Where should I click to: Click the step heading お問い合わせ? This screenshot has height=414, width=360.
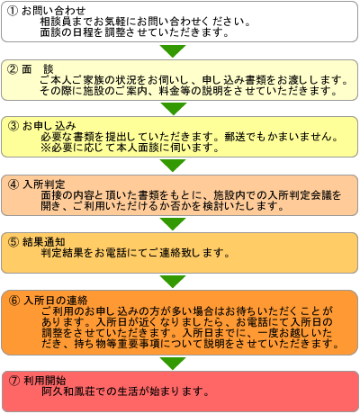[x=54, y=11]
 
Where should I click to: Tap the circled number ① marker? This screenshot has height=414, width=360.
[x=13, y=11]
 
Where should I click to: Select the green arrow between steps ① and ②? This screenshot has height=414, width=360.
[x=173, y=51]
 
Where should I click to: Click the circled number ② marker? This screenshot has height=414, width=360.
[x=13, y=69]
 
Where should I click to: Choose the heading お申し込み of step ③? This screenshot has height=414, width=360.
[x=49, y=126]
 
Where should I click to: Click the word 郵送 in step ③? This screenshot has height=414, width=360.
[x=235, y=137]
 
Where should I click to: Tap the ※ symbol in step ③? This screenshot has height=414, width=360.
[x=46, y=148]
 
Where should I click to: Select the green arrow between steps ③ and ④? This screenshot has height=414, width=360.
[x=173, y=166]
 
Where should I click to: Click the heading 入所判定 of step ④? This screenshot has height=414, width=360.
[x=44, y=184]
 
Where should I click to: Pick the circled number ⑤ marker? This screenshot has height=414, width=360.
[x=13, y=242]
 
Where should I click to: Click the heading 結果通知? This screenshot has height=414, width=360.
[x=44, y=242]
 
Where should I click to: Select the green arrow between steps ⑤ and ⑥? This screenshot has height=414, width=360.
[x=173, y=282]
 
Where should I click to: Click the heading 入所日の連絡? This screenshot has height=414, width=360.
[x=56, y=301]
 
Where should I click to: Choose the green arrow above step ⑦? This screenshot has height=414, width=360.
[x=173, y=364]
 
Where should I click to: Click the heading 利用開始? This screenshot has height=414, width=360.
[x=44, y=381]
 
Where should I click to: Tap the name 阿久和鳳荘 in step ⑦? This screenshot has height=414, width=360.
[x=67, y=391]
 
